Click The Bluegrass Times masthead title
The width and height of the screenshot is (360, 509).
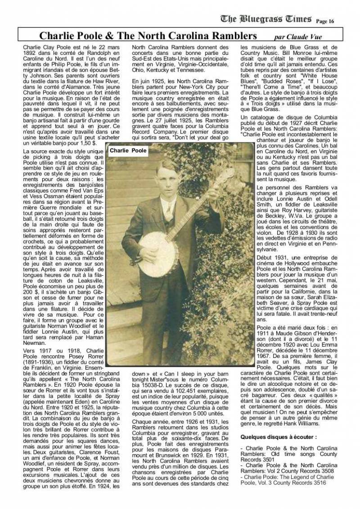click(266, 19)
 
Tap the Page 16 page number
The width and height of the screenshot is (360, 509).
click(325, 21)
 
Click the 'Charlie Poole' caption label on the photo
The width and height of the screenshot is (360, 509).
click(128, 151)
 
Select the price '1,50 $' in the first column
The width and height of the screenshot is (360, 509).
click(87, 142)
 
